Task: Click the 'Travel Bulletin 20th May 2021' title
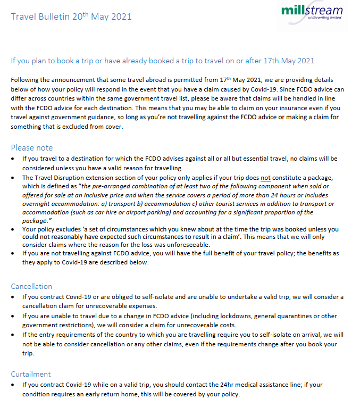pos(71,16)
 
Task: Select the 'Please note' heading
pos(32,147)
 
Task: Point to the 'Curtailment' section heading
pos(31,374)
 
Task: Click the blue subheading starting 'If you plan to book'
pos(163,61)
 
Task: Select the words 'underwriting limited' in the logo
pos(322,18)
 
